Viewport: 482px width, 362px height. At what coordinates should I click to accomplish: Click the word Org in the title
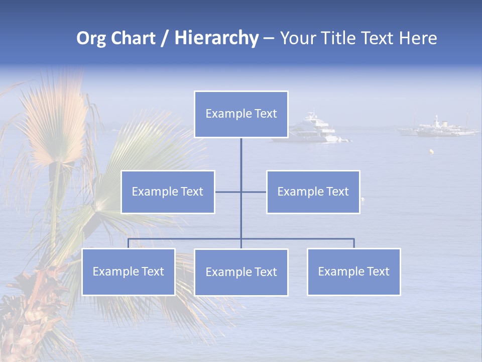click(x=91, y=38)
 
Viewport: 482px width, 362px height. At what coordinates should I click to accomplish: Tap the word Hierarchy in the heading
click(x=216, y=38)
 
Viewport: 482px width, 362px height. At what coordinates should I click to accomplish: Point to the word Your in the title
click(x=297, y=38)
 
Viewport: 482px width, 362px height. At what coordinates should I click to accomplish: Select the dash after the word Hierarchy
click(x=269, y=39)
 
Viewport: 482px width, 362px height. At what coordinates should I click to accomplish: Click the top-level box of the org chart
click(x=241, y=114)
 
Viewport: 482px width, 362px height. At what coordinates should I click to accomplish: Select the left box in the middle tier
click(x=168, y=192)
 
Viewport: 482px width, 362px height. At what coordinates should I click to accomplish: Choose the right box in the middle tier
click(x=313, y=192)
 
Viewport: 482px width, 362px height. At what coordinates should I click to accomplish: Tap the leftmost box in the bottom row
click(x=128, y=271)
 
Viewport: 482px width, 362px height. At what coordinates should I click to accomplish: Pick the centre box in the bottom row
click(x=241, y=272)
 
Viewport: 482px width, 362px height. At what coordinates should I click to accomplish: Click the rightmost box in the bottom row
click(x=353, y=271)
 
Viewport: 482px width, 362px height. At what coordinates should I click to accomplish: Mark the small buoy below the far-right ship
click(x=430, y=150)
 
